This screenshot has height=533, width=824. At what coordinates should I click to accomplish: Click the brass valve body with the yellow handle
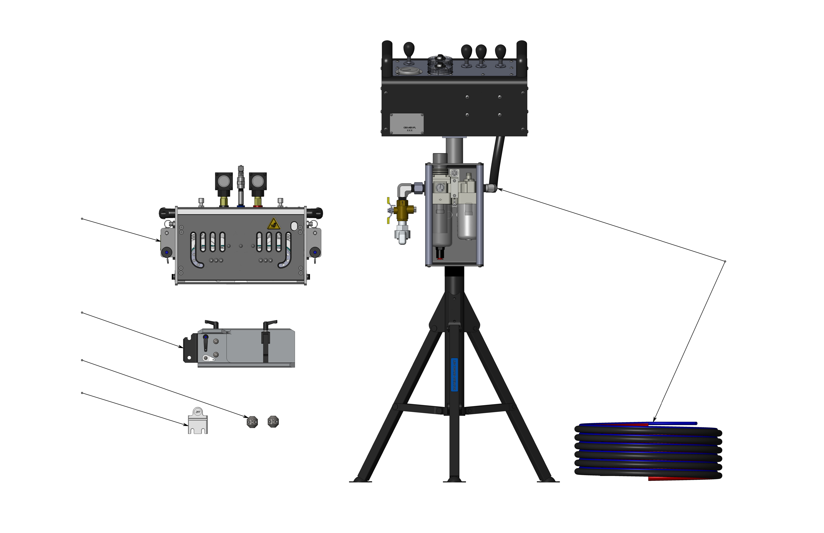(x=402, y=209)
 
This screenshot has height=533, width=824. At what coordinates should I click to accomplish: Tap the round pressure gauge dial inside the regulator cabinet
(x=440, y=188)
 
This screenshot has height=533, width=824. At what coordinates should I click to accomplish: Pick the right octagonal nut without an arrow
(x=273, y=422)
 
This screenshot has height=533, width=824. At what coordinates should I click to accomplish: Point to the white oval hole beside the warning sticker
(x=294, y=226)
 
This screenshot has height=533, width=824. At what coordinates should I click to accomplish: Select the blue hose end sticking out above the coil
(x=679, y=423)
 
